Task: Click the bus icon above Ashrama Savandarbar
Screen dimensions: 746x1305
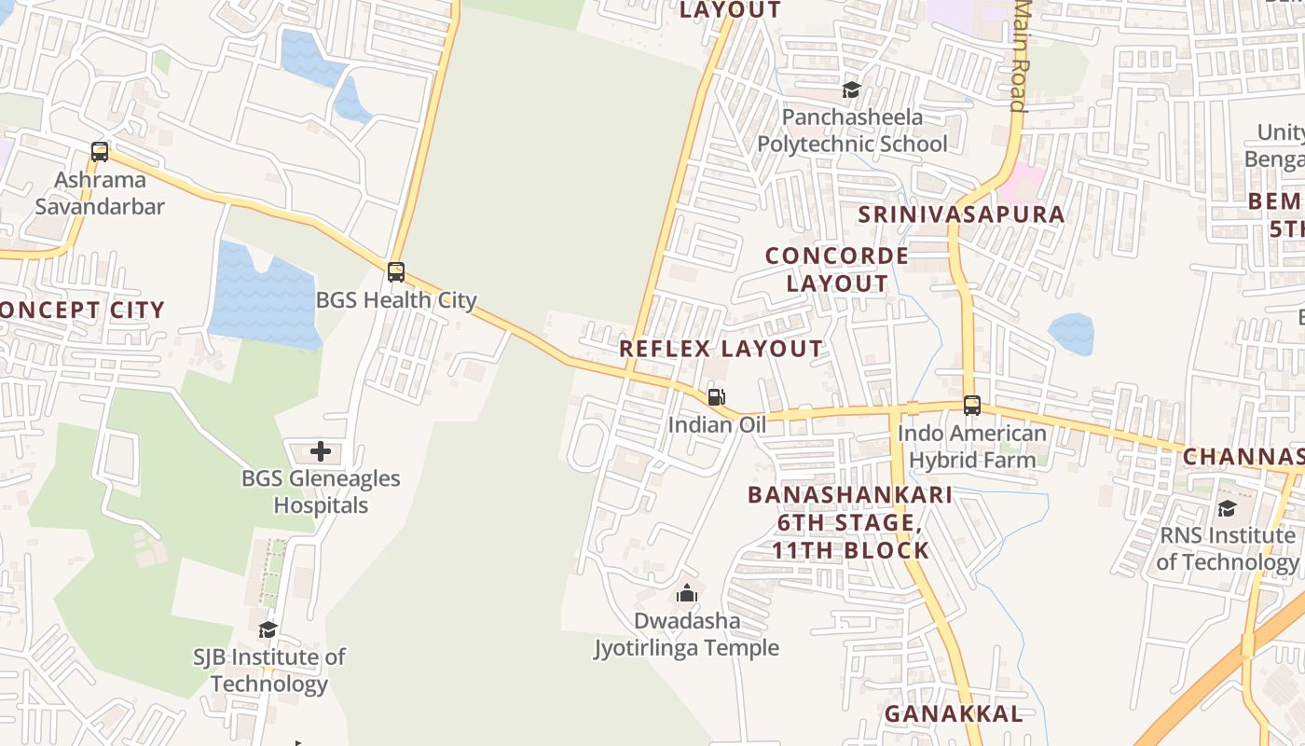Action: pos(99,151)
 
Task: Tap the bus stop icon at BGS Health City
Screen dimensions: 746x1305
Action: pos(396,272)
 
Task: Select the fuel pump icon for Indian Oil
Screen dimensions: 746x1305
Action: pos(716,397)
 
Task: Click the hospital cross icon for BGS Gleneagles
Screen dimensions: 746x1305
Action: pos(321,452)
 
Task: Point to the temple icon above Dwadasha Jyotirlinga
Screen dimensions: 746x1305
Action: pos(687,593)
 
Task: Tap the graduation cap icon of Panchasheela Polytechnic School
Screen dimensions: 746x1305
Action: pos(851,90)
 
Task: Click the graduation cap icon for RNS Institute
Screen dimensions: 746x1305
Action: pos(1227,508)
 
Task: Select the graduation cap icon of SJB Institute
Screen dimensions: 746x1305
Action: pos(268,629)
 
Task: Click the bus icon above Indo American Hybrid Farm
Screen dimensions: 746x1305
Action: pos(971,406)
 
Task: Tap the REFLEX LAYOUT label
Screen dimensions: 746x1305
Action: pos(721,349)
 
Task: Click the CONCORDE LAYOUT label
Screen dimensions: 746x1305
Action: pos(837,269)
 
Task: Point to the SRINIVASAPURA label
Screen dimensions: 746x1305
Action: pos(961,214)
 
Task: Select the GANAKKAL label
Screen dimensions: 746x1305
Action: pos(953,714)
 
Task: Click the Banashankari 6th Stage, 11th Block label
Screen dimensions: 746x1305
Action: pos(850,522)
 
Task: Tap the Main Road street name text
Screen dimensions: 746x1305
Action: pos(1020,56)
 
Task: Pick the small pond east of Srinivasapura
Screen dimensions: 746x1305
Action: pos(1071,334)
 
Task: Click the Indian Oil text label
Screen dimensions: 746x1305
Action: pos(716,425)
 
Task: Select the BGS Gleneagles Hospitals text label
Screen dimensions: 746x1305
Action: pos(321,491)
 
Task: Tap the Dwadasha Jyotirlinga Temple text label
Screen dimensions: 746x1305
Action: pos(687,634)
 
